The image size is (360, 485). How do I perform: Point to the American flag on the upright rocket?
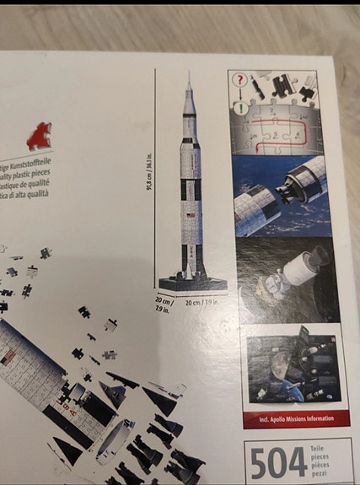click(x=191, y=216)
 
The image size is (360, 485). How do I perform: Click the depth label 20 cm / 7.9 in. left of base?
click(x=162, y=304)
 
